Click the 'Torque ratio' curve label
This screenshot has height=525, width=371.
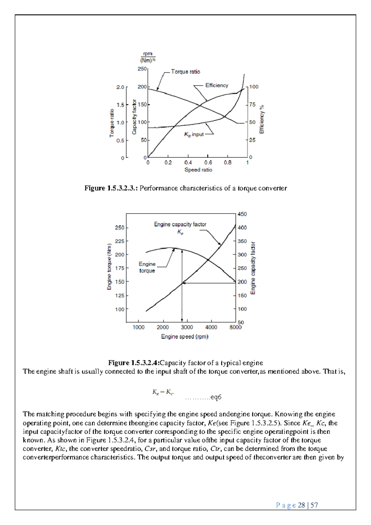(x=185, y=72)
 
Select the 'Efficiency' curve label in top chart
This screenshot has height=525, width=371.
(x=217, y=85)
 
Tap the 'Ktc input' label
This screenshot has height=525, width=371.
(x=194, y=134)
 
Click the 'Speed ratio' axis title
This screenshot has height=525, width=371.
(x=198, y=170)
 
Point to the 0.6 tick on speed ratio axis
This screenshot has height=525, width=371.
(x=208, y=163)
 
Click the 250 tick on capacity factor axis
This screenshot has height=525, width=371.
(x=142, y=69)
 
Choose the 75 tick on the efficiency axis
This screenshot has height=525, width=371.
(x=253, y=105)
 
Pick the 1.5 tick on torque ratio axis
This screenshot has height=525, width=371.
(x=120, y=105)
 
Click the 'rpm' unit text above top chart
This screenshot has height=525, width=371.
(x=147, y=54)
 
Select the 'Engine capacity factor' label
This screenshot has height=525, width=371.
(x=180, y=224)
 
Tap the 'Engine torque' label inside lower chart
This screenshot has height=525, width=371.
(x=147, y=267)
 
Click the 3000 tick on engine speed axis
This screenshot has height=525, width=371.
(x=187, y=328)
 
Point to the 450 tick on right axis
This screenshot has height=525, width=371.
(x=242, y=214)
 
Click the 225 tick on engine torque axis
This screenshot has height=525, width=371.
(x=120, y=241)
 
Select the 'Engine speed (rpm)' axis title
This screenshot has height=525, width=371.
(x=185, y=336)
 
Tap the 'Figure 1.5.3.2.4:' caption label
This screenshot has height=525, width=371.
(x=134, y=363)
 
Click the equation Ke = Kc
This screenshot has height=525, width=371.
(x=163, y=392)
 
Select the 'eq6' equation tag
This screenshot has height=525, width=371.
(x=215, y=397)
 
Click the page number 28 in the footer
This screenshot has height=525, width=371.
(x=301, y=505)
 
